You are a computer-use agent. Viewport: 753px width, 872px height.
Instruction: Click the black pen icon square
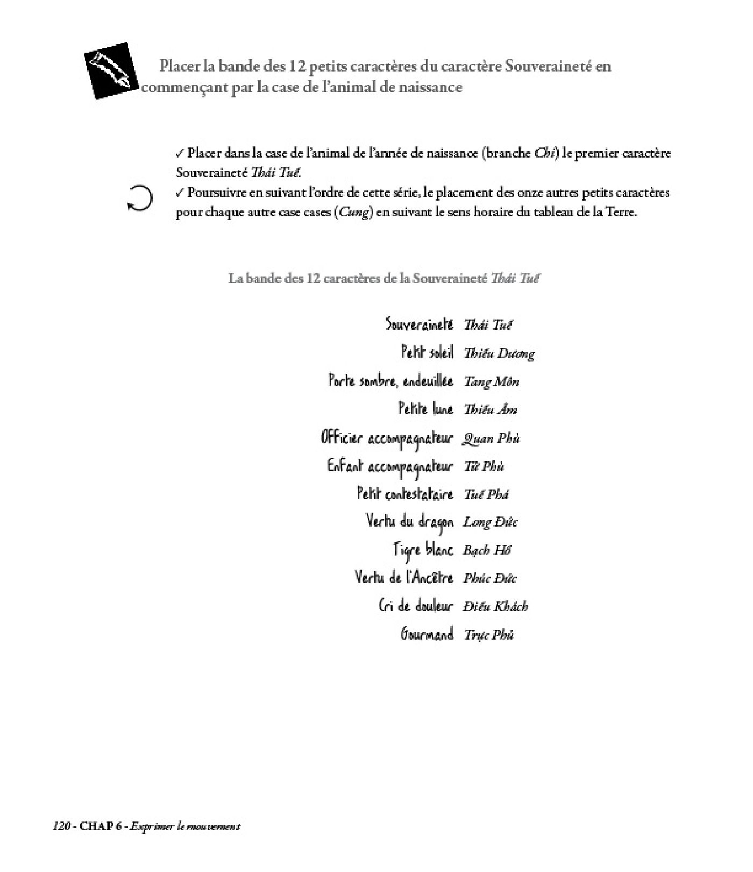pos(111,70)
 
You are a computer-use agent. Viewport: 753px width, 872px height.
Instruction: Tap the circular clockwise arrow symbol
pos(139,198)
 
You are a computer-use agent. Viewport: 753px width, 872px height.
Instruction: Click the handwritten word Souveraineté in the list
pos(419,324)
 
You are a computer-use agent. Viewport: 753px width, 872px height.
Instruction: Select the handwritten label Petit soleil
pos(427,353)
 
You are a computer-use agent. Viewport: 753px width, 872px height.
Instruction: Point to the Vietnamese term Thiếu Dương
pos(499,353)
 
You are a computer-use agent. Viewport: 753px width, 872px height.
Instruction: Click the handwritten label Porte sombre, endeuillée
pos(390,381)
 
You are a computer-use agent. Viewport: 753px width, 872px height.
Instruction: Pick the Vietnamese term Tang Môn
pos(491,381)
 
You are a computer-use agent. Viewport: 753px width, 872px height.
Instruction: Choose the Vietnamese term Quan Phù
pos(491,438)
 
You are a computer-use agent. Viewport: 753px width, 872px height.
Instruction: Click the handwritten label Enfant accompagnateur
pos(390,466)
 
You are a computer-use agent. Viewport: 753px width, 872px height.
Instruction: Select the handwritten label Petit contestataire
pos(405,494)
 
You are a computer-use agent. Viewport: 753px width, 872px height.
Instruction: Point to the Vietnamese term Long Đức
pos(490,522)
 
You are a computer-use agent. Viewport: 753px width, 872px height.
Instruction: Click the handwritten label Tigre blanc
pos(423,550)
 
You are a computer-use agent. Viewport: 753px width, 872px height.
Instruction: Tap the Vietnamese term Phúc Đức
pos(489,578)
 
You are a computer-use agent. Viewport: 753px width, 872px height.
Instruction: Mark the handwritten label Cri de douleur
pos(416,606)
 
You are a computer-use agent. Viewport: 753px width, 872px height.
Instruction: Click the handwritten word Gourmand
pos(427,634)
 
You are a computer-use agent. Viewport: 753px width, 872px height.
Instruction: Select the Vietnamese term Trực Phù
pos(489,635)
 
